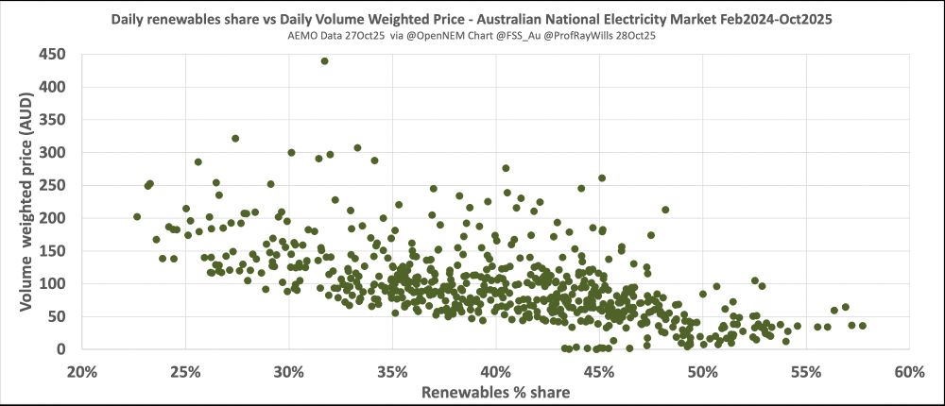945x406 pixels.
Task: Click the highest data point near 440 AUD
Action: [324, 61]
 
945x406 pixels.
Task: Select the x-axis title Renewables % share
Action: [495, 392]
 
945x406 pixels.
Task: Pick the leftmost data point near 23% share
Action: [137, 216]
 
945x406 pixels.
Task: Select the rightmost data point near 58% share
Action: [862, 326]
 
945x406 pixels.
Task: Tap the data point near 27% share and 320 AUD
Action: [235, 139]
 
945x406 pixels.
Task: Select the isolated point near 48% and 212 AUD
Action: [665, 210]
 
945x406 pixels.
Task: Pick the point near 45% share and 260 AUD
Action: [602, 178]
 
